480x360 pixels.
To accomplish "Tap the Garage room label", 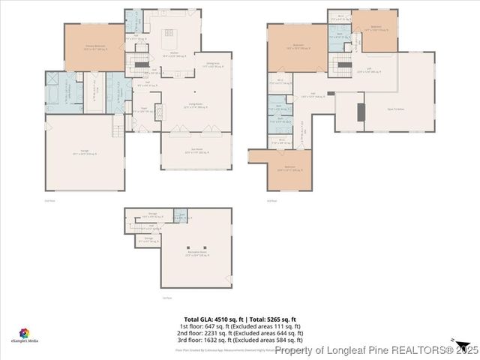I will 84,153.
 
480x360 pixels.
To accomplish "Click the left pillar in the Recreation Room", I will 190,247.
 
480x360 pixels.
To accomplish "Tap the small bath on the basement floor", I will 180,217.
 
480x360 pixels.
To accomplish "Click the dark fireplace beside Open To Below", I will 359,112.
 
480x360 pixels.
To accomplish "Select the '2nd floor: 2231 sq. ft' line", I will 240,333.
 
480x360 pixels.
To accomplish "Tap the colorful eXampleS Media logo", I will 23,333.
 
